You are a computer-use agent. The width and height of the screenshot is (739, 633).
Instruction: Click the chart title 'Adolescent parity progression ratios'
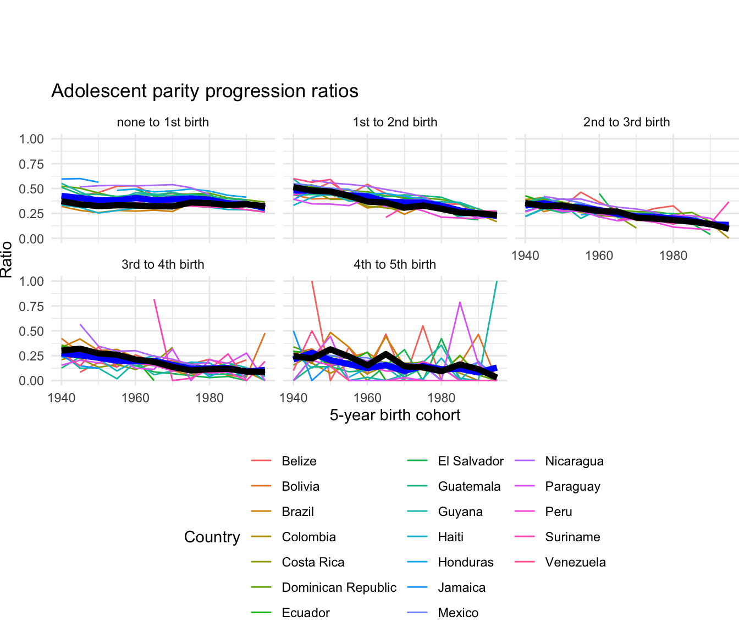tap(205, 91)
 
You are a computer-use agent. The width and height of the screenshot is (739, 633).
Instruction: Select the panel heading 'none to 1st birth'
tap(163, 123)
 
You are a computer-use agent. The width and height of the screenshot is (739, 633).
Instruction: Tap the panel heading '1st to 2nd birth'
tap(395, 123)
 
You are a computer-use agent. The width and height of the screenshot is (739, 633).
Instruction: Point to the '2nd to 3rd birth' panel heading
tap(626, 123)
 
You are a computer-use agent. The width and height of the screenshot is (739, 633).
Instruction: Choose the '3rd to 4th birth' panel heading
tap(163, 265)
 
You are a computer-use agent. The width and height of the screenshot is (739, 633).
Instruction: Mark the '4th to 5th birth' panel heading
tap(395, 265)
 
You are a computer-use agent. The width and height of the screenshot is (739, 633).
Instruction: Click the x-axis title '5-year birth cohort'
tap(395, 415)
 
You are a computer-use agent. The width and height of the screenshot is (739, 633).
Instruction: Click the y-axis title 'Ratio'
tap(7, 259)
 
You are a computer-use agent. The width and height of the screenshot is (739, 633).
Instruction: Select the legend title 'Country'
tap(212, 537)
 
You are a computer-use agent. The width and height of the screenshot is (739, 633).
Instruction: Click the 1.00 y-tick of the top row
tap(31, 139)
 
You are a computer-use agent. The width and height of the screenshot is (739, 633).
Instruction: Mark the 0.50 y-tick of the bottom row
tap(31, 331)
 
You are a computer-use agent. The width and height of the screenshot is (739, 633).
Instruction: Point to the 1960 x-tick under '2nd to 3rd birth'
tap(599, 256)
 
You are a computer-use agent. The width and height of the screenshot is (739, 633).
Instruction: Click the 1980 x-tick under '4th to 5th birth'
tap(441, 397)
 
